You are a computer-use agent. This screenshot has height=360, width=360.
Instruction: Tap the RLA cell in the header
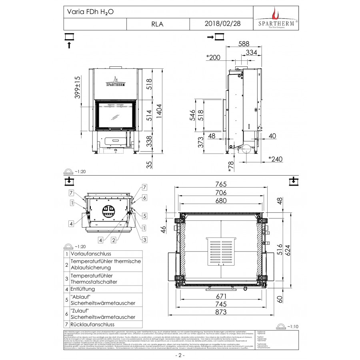[x=158, y=24]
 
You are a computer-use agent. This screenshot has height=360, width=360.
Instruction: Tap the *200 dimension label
[x=213, y=57]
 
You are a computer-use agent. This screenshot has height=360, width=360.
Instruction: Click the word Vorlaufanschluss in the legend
[x=90, y=254]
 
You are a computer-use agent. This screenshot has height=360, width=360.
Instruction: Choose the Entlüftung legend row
[x=82, y=288]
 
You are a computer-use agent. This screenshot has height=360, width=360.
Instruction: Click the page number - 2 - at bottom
[x=180, y=355]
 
